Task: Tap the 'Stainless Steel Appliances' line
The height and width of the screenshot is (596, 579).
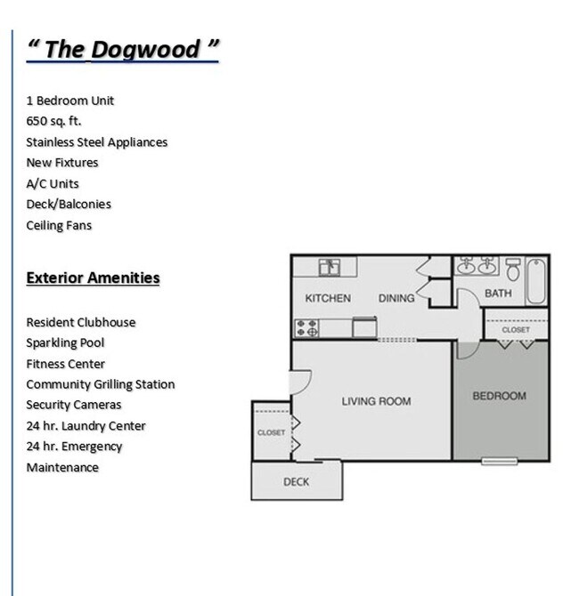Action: click(x=96, y=142)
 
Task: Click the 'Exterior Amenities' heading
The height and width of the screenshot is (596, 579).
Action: click(x=93, y=278)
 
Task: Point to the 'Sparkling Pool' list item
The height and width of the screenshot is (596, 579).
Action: click(x=65, y=343)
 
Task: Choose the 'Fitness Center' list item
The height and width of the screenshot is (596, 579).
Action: click(x=65, y=364)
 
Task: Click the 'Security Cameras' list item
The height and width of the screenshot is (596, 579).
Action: click(x=73, y=405)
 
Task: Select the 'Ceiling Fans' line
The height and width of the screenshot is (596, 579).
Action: click(x=59, y=225)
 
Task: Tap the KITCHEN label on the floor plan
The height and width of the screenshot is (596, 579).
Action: click(x=328, y=299)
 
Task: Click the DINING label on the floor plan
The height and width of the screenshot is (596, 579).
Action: click(x=396, y=299)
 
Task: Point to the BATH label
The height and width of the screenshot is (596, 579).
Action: click(x=498, y=294)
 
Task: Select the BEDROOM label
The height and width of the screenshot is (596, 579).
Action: click(x=499, y=396)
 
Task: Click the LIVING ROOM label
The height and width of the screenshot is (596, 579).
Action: click(x=376, y=401)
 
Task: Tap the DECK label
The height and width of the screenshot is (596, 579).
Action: click(x=296, y=482)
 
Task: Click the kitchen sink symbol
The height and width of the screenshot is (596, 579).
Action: click(x=329, y=266)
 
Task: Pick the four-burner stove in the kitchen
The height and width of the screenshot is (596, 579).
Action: click(x=307, y=327)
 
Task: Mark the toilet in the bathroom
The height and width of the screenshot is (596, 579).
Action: click(x=513, y=268)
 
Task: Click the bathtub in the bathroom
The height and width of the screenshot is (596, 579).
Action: click(x=536, y=280)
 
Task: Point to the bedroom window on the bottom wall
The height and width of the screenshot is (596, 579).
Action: click(x=499, y=461)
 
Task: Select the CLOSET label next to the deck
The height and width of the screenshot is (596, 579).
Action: click(x=271, y=432)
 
